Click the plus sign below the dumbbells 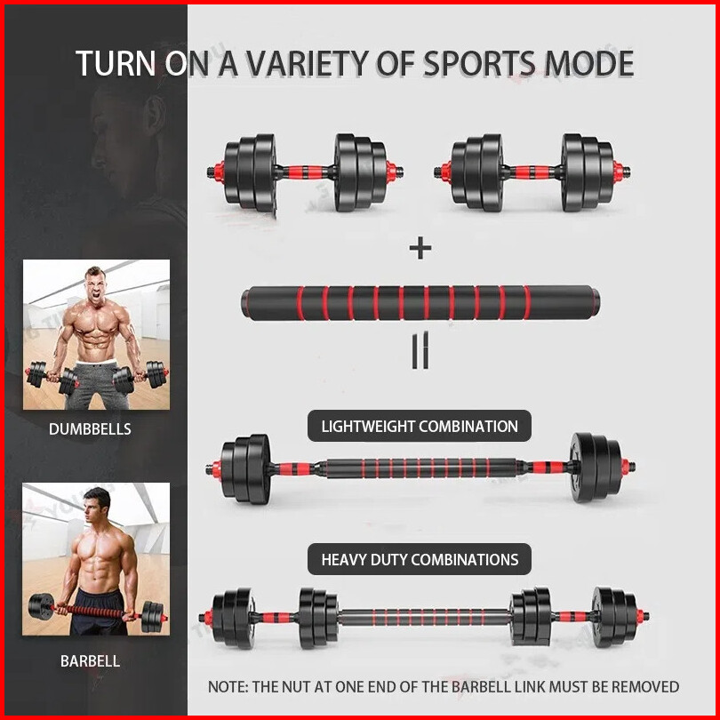[420, 247]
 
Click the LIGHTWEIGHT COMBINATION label [419, 427]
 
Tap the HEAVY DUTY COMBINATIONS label [420, 560]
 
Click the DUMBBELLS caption [90, 429]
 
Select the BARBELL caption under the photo [90, 661]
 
